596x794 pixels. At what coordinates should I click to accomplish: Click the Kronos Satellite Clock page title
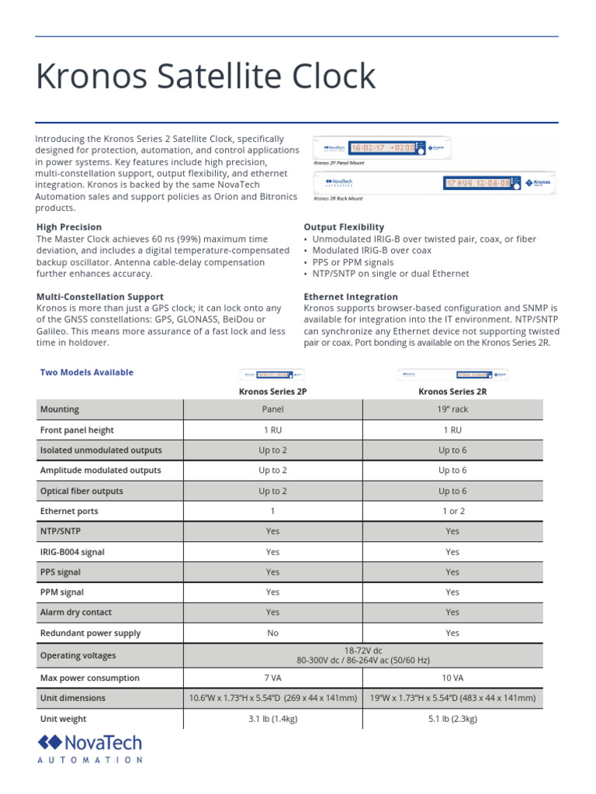click(x=206, y=78)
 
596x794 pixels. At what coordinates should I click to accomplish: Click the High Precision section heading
click(x=69, y=227)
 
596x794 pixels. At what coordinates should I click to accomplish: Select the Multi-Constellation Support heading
click(x=100, y=296)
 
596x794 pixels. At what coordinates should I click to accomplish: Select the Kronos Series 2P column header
click(x=272, y=392)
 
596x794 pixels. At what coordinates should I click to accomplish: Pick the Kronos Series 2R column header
click(x=452, y=392)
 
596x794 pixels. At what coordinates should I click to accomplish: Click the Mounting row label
click(x=60, y=409)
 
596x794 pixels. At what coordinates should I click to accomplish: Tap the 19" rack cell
click(x=452, y=409)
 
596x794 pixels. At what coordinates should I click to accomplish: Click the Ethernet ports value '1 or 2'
click(x=452, y=511)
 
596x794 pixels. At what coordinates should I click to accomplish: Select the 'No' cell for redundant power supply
click(x=272, y=633)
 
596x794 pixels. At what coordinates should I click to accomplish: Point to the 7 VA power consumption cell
click(x=272, y=678)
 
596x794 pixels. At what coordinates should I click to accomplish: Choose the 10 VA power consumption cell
click(x=452, y=678)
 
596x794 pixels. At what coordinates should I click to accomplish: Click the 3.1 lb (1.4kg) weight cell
click(x=272, y=719)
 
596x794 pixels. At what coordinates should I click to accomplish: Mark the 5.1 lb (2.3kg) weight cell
click(x=452, y=719)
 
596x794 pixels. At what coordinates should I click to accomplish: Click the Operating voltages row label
click(x=78, y=655)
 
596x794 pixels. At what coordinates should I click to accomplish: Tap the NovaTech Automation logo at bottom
click(x=90, y=749)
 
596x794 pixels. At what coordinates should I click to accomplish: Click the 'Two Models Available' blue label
click(x=86, y=372)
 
